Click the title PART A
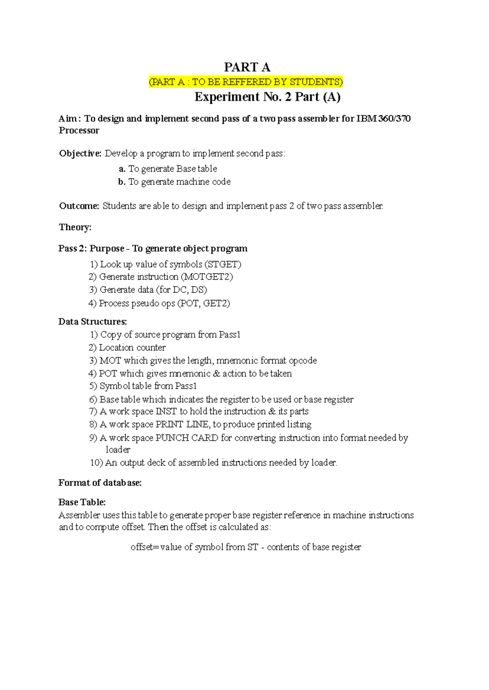point(247,67)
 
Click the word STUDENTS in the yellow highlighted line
point(316,82)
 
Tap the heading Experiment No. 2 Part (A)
point(267,97)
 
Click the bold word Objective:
point(80,154)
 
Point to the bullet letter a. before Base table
point(122,169)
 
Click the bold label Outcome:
point(79,206)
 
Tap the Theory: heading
point(75,227)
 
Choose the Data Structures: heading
point(93,322)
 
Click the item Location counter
point(132,348)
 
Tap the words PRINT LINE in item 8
point(183,424)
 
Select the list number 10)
point(96,463)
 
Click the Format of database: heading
point(100,483)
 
